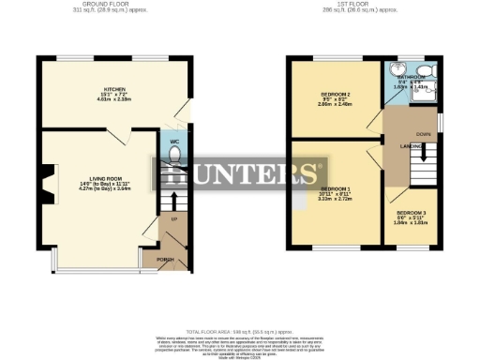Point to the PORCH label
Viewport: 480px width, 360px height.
point(165,260)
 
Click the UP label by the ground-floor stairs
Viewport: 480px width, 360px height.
point(173,218)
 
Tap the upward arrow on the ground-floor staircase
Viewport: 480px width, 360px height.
point(170,202)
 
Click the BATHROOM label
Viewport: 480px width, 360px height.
point(412,79)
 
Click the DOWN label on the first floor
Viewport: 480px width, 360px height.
point(424,134)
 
